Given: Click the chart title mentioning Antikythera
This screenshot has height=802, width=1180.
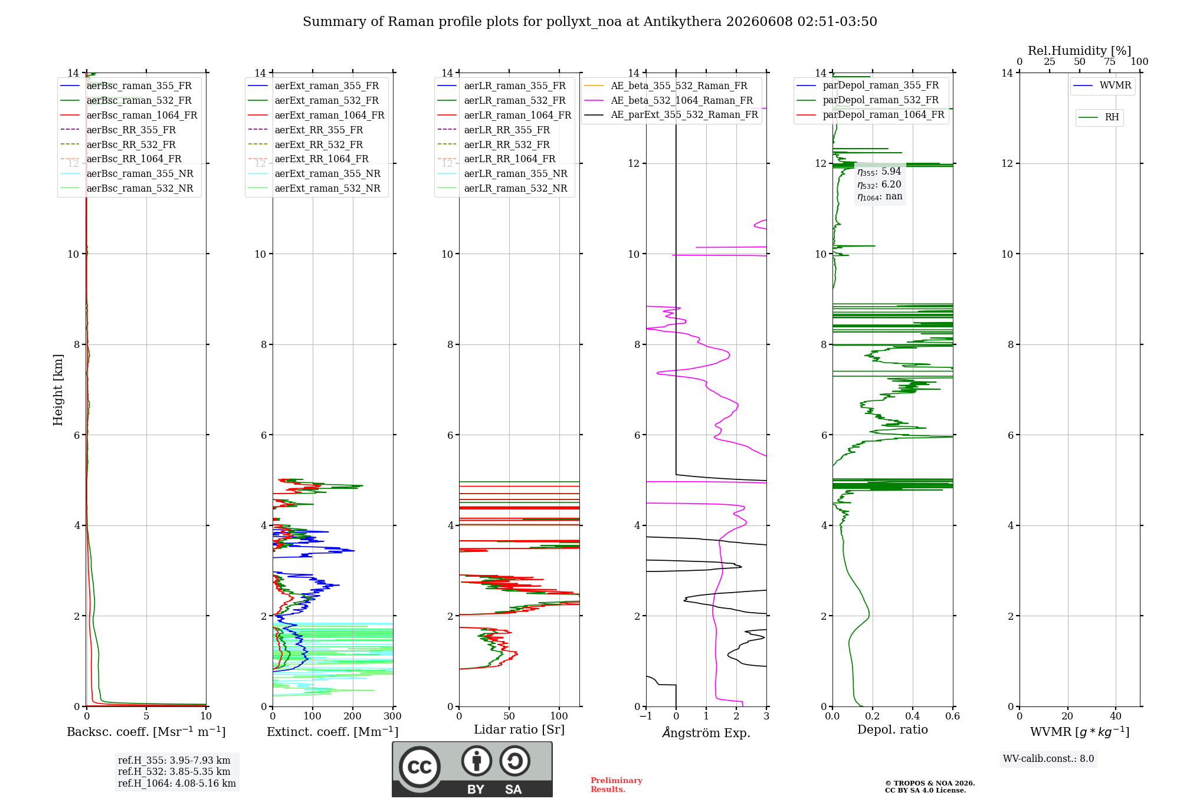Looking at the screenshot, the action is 590,22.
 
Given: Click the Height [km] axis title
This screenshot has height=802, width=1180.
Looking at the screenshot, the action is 58,390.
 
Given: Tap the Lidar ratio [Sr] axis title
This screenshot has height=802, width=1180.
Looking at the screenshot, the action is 519,729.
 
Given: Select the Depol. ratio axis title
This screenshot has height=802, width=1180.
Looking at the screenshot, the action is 893,729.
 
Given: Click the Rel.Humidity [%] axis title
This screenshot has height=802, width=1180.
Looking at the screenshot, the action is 1080,51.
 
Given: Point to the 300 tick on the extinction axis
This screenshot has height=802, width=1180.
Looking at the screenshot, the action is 393,716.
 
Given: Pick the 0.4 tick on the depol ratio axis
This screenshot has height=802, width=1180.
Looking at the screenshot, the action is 913,716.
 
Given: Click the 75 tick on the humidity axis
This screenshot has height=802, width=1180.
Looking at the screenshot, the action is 1110,61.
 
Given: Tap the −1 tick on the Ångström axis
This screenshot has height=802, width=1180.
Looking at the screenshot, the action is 646,716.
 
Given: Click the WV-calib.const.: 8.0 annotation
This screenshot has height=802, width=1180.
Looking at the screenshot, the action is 1048,759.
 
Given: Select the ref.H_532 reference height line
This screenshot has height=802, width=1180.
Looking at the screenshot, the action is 174,771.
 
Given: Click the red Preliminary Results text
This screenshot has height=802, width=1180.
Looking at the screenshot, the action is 617,785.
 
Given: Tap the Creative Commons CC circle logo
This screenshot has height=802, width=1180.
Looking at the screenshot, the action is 419,767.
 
